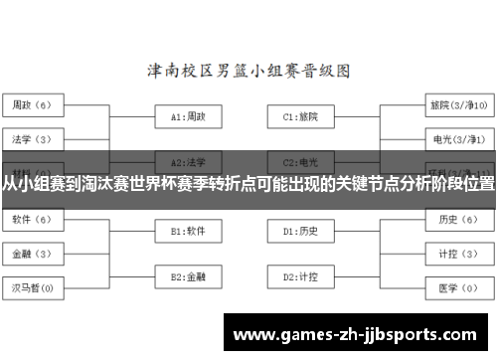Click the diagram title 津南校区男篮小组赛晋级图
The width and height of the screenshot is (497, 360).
[x=248, y=72]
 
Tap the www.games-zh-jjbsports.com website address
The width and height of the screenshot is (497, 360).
[x=360, y=334]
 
